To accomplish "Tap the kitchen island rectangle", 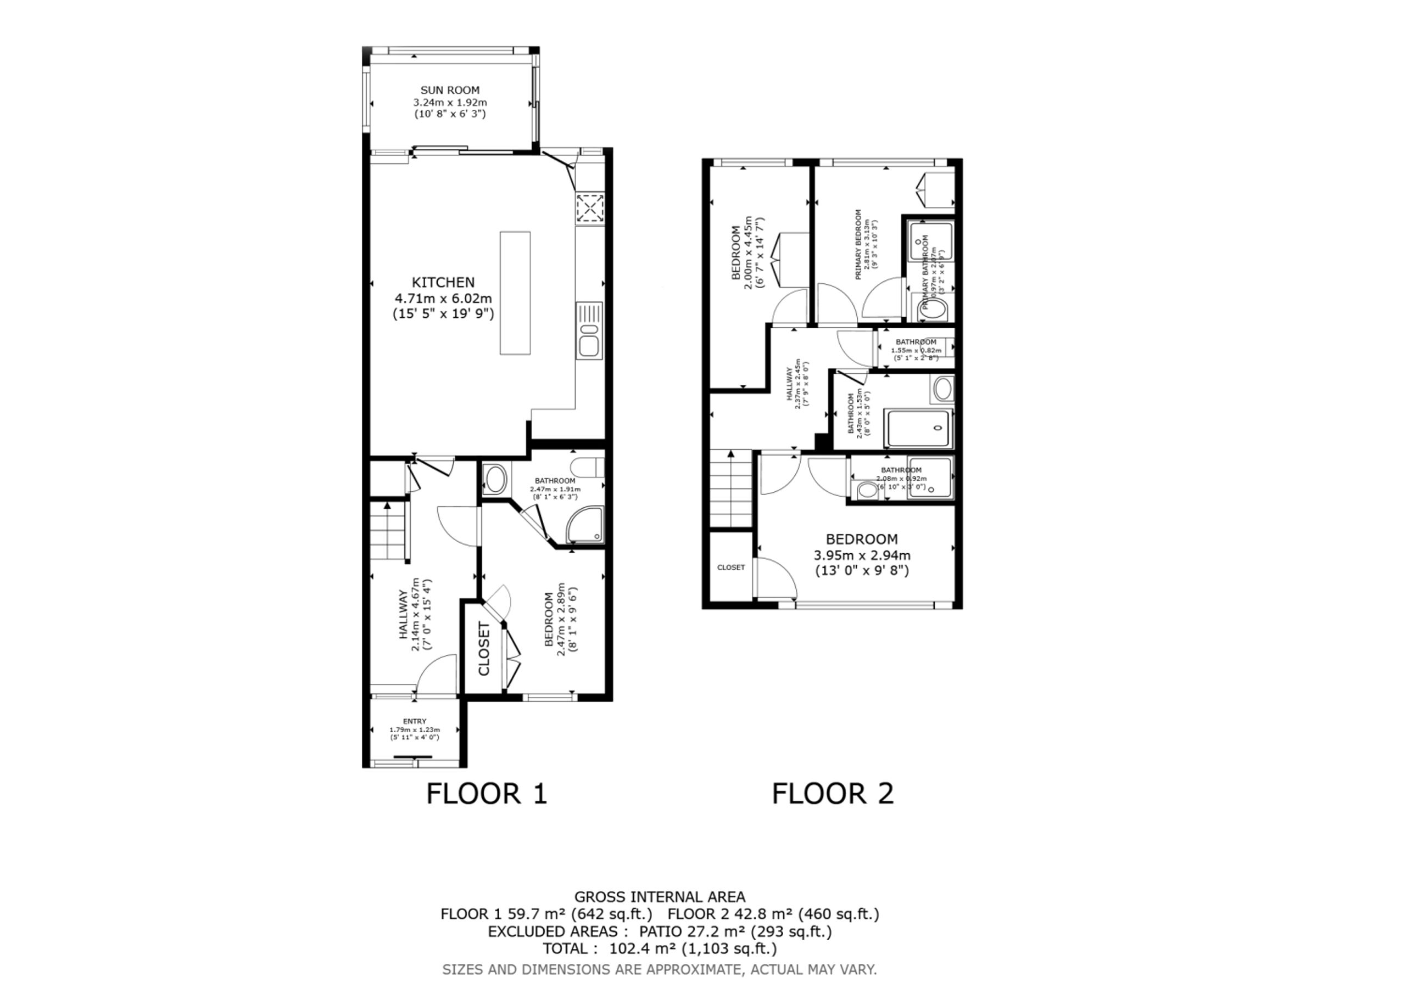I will tap(515, 293).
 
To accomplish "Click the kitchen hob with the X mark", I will tap(590, 207).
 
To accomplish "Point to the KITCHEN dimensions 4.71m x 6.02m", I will tap(443, 299).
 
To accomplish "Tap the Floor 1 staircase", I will tap(388, 531).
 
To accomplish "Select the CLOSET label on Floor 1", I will tap(484, 649).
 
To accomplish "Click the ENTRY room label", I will tap(415, 722).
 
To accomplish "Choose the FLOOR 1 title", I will tap(486, 794).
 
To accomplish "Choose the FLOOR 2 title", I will tap(832, 794).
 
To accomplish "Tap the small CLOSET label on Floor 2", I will tap(730, 568).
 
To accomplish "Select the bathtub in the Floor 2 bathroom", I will tap(918, 429).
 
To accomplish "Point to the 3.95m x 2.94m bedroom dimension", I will tap(862, 556).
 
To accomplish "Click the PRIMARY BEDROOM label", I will tap(858, 245).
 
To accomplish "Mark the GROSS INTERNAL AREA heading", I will tap(660, 897).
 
